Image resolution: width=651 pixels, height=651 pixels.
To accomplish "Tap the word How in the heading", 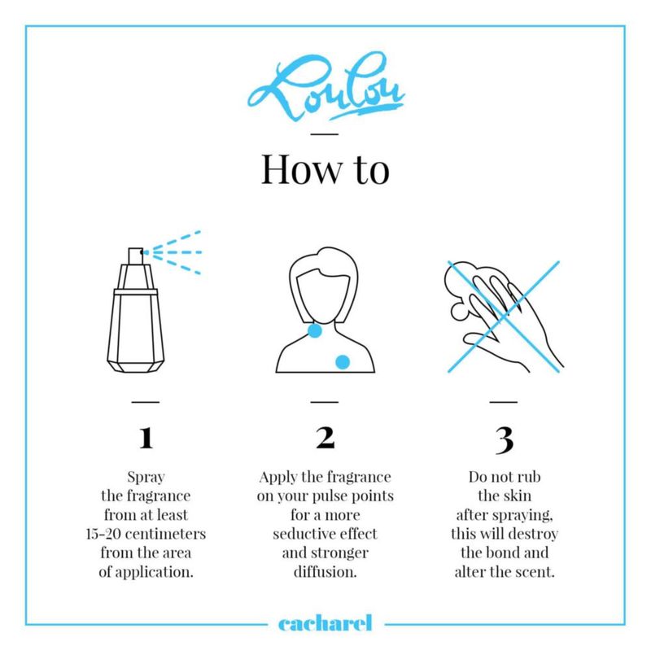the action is [x=302, y=169].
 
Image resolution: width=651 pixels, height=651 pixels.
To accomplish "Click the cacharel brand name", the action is [x=325, y=623].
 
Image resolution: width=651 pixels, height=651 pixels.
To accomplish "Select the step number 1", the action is [x=146, y=438].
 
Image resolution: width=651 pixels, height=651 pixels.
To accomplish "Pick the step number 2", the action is [x=325, y=438].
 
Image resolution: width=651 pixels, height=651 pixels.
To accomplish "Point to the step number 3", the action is [x=504, y=440].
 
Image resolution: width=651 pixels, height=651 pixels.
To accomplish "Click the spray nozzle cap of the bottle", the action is [x=136, y=256].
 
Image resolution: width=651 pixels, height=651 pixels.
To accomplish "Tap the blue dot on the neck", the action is [x=315, y=330].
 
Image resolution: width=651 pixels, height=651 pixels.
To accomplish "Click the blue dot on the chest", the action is [x=343, y=362].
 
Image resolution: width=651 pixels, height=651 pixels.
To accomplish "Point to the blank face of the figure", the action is [x=323, y=295].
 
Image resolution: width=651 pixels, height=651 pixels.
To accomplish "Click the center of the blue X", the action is [x=504, y=317].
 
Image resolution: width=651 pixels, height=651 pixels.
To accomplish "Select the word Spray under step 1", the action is [x=146, y=478].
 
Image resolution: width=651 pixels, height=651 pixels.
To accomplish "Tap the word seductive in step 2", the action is [x=299, y=534].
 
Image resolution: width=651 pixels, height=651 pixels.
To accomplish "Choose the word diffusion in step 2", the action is [x=325, y=572].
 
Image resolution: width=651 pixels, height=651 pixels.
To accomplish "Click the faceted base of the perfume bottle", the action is [x=136, y=365].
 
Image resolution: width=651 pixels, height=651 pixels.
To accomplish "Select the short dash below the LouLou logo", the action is [x=325, y=134].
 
